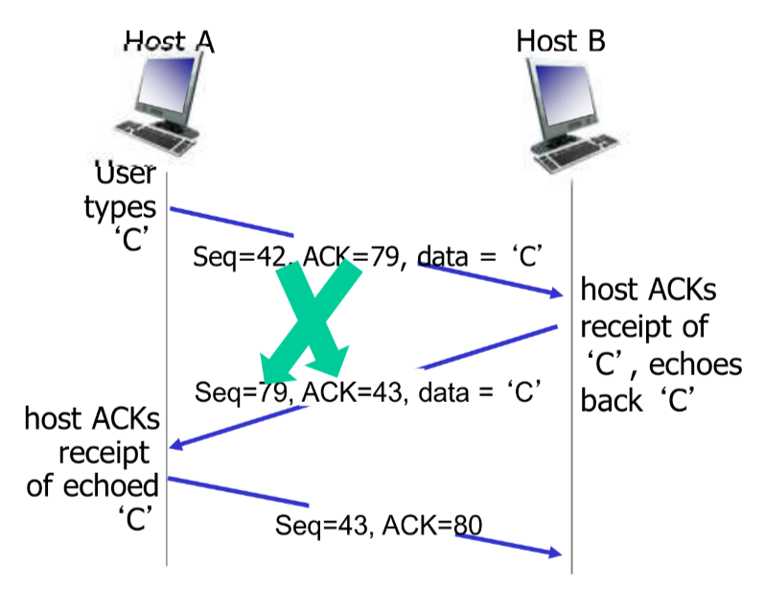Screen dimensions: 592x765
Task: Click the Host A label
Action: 170,41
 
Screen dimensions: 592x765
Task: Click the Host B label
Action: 560,41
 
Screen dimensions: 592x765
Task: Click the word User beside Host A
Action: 126,176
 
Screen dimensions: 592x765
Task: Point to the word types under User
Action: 120,207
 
